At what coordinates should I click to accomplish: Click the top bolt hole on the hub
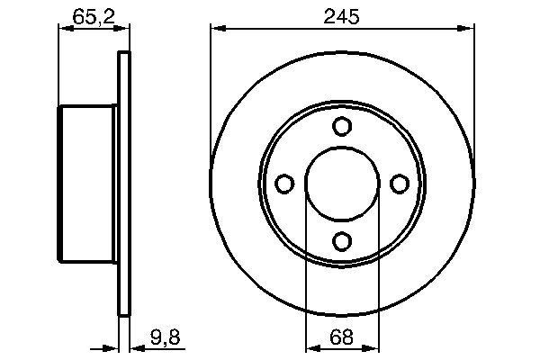341,127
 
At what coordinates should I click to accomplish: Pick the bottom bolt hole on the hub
341,240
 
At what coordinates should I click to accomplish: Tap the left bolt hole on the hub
284,184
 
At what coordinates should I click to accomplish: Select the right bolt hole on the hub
399,184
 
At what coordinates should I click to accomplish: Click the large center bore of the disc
341,184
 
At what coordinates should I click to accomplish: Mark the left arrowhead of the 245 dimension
216,29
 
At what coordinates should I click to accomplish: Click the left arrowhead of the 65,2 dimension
64,29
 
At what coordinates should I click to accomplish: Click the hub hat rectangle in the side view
88,184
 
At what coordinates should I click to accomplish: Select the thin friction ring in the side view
124,184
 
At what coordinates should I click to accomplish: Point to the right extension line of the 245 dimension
472,90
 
